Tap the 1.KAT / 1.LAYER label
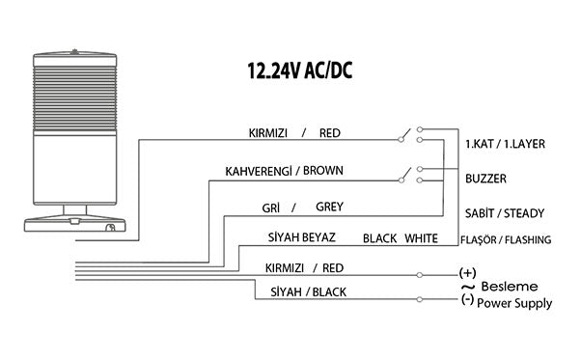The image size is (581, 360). tap(505, 144)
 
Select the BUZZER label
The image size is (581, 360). tap(485, 179)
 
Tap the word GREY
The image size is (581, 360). tap(327, 207)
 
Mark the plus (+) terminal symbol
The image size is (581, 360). tap(468, 274)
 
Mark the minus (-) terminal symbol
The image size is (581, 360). tap(467, 301)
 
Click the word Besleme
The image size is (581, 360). tap(510, 288)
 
